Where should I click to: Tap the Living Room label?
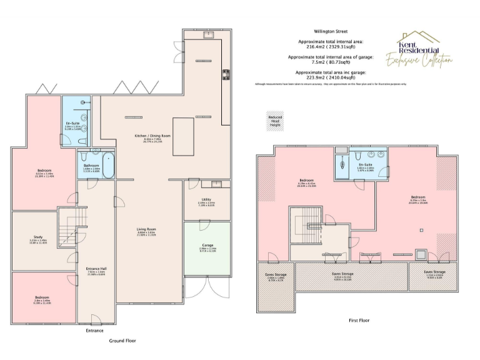146,231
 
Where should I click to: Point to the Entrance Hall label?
95,273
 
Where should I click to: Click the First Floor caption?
359,321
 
